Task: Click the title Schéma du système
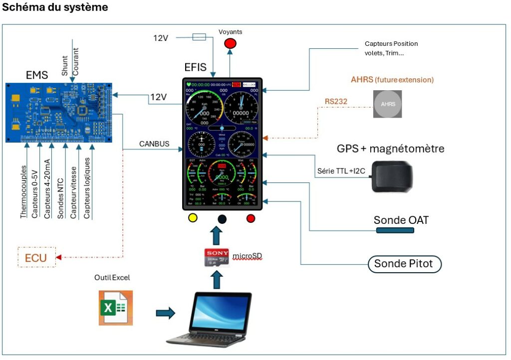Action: click(x=55, y=7)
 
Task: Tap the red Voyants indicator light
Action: click(x=230, y=43)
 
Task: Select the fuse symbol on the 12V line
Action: click(x=199, y=36)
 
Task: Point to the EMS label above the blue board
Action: click(x=37, y=75)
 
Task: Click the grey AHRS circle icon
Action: click(x=387, y=104)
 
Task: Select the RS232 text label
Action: click(x=336, y=102)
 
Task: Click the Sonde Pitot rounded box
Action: click(x=404, y=264)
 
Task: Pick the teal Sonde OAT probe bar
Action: click(x=395, y=230)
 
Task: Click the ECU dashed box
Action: click(x=35, y=257)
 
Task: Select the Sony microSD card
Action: click(x=217, y=257)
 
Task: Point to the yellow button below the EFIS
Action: click(x=192, y=218)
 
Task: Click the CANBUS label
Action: click(x=154, y=144)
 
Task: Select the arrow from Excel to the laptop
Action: click(x=165, y=313)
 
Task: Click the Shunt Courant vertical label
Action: click(x=70, y=61)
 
